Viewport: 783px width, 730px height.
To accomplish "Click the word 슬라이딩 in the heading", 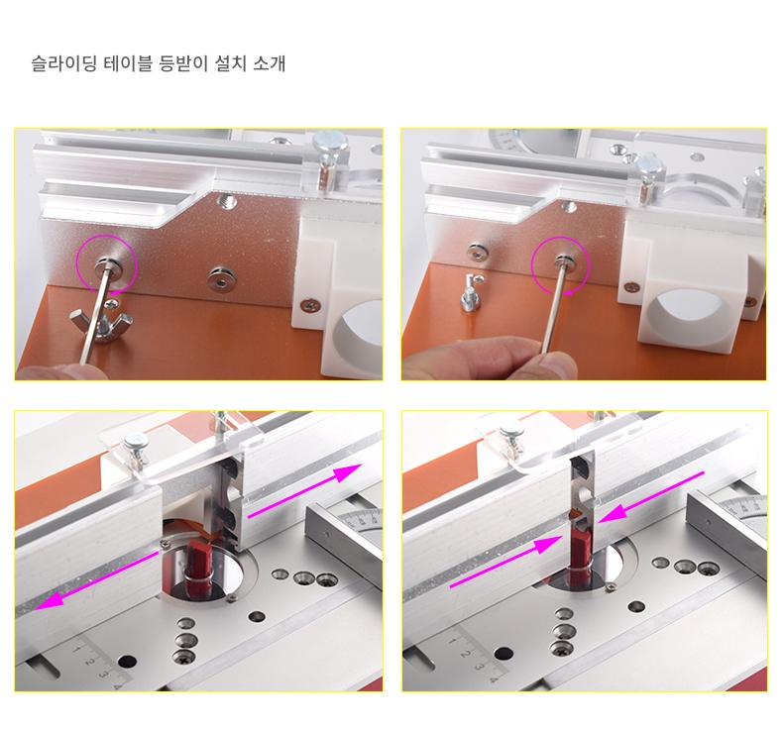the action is click(x=63, y=63).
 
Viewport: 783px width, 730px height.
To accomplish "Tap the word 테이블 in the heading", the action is click(x=127, y=63).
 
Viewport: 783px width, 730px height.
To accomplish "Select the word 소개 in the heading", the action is click(x=270, y=63).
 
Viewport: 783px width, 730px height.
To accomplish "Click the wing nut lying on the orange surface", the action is click(x=96, y=325).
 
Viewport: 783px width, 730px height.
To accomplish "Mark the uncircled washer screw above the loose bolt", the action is click(x=478, y=252).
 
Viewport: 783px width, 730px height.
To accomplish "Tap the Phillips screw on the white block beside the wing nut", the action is click(x=310, y=304).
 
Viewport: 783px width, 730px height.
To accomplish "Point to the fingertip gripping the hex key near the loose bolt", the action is click(x=554, y=365).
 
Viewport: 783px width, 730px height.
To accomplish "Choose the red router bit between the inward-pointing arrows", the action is click(x=580, y=550).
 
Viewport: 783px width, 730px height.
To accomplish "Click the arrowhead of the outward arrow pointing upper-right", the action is click(x=348, y=472).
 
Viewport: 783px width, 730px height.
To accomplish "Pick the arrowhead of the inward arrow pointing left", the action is click(x=613, y=513).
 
